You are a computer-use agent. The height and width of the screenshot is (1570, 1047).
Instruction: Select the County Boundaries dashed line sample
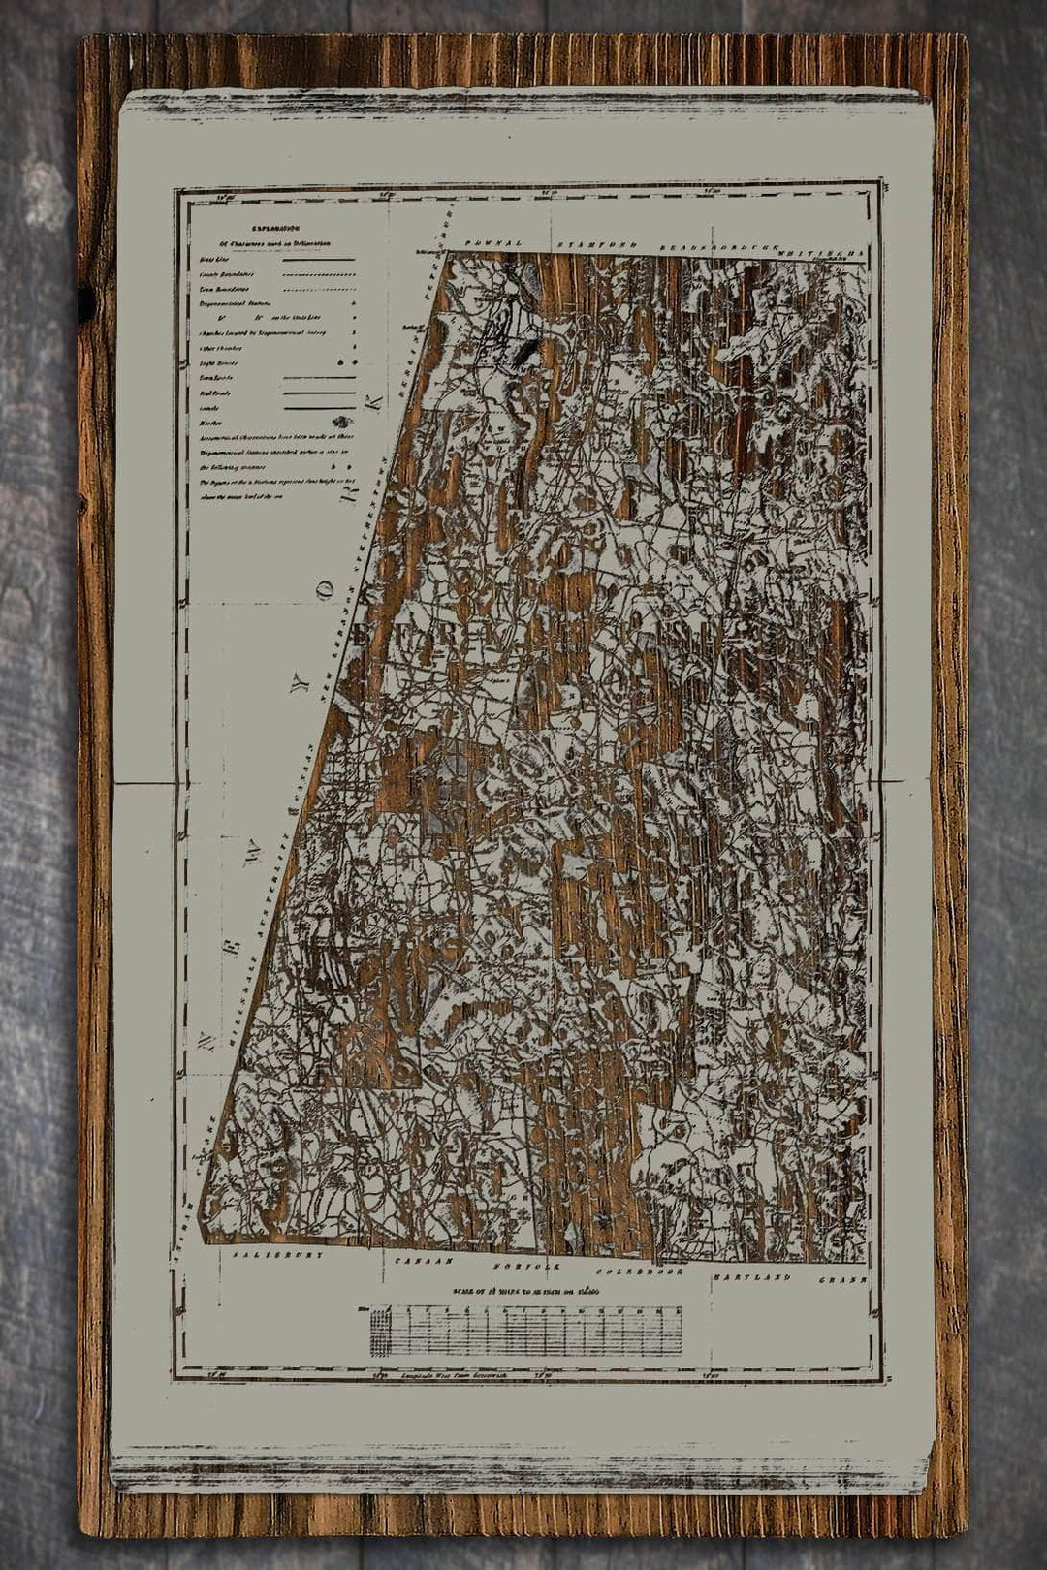coord(318,275)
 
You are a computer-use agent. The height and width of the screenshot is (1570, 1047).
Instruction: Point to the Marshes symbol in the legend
coord(341,421)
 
